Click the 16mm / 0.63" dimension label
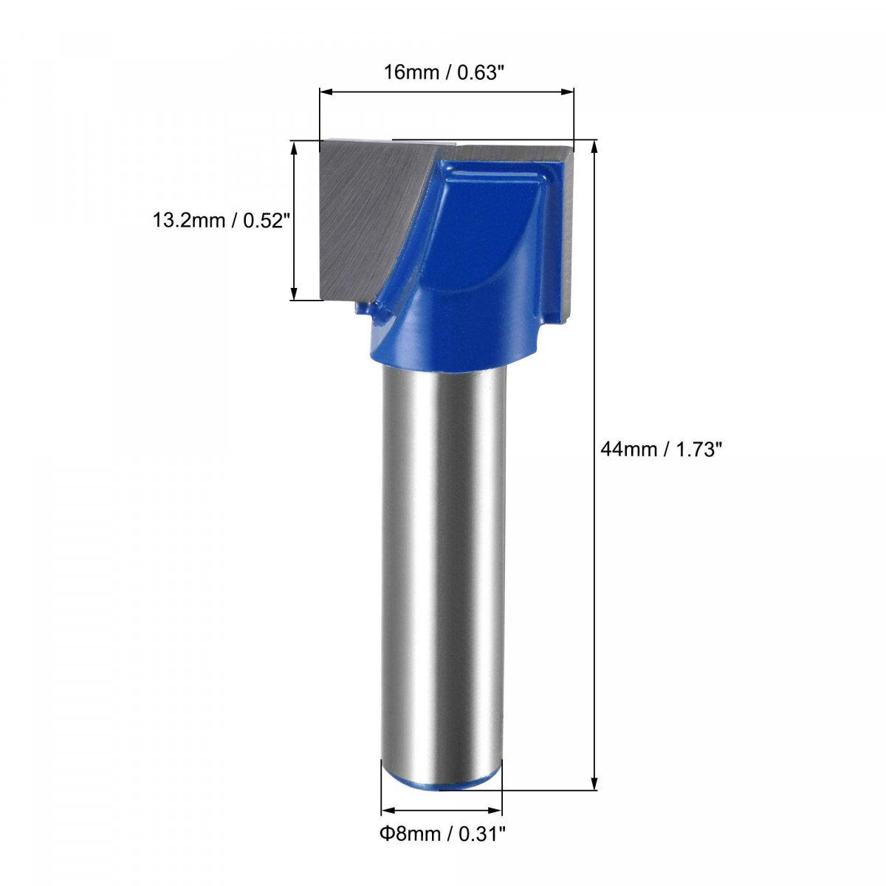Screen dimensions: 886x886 point(441,72)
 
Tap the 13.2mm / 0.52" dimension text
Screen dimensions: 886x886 point(222,221)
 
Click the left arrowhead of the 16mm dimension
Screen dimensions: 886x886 point(326,92)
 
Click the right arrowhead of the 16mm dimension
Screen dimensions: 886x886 point(569,92)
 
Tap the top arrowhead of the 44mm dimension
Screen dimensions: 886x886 point(594,147)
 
